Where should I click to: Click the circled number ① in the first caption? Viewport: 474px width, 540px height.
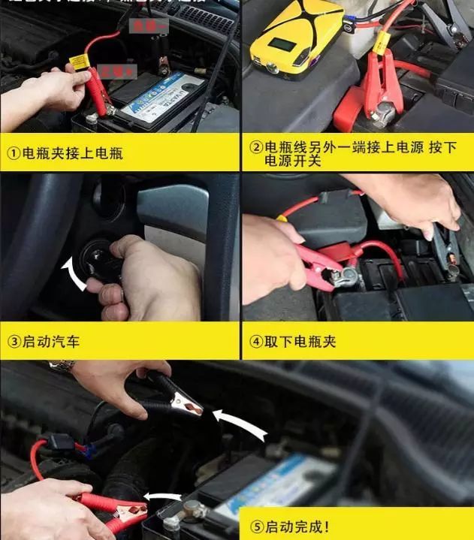pos(14,154)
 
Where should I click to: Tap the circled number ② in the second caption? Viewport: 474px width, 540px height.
pos(256,148)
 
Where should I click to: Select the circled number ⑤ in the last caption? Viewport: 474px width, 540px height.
pos(256,526)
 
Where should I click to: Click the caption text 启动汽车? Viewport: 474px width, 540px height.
pos(51,342)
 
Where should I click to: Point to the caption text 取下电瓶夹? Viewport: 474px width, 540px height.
pos(300,342)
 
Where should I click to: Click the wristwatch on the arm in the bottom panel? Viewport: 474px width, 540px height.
pos(62,366)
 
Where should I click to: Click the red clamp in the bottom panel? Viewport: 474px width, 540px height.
pos(113,506)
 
